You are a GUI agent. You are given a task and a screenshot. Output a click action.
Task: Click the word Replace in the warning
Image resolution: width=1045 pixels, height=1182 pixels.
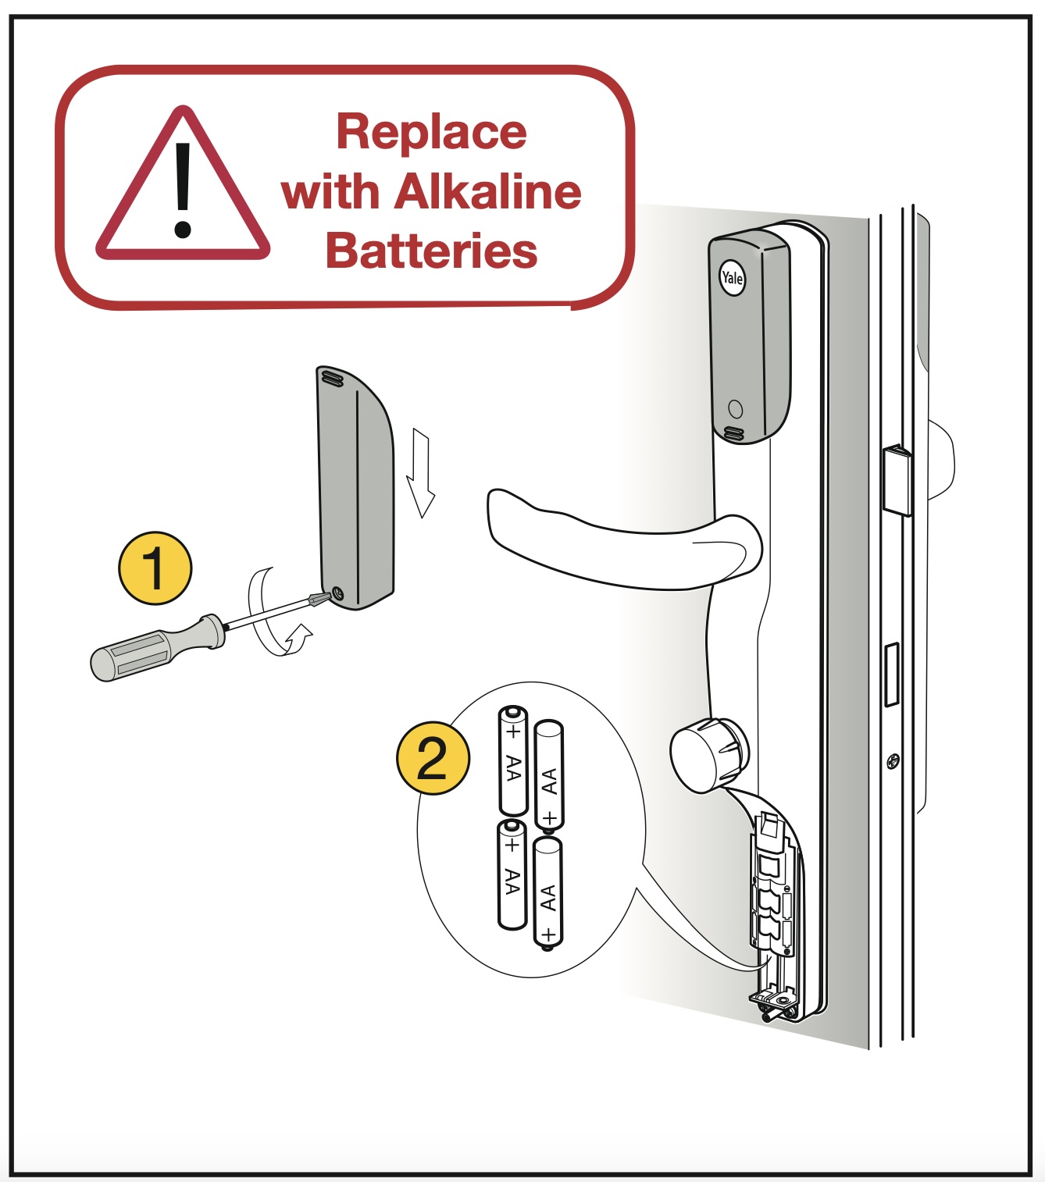[431, 132]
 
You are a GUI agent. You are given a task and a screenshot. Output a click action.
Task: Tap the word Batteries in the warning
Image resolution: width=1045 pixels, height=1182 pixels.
[431, 251]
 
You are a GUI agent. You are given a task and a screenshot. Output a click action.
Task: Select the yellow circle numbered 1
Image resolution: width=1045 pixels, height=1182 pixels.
[155, 568]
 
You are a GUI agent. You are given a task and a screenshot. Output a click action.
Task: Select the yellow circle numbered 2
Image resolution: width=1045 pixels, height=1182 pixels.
[433, 758]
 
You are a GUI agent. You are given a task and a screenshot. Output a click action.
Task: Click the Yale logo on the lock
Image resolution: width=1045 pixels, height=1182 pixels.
[732, 278]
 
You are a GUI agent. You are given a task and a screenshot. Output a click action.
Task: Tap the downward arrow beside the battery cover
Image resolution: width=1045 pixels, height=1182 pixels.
[421, 473]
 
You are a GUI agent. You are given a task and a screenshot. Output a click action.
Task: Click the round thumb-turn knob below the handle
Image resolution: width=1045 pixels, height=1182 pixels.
[708, 756]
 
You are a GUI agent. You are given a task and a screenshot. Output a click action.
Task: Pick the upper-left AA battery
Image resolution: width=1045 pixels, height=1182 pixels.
[513, 760]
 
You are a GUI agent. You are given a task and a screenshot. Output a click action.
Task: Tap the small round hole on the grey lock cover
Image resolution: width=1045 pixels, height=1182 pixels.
[734, 408]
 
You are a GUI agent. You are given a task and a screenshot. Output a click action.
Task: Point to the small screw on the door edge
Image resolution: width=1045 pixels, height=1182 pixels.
[893, 760]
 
